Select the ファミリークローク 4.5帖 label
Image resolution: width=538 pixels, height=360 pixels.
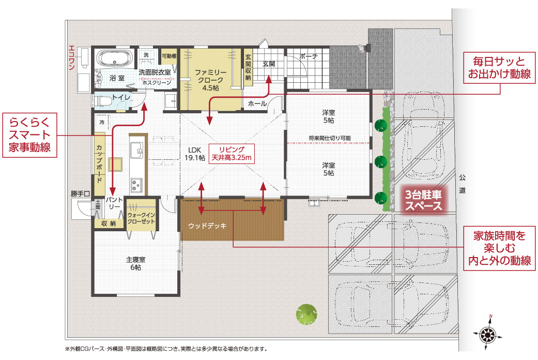[x=211, y=80]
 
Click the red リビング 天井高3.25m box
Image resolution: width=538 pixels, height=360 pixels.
[x=232, y=154]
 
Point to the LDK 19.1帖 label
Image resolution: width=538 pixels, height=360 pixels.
[x=194, y=154]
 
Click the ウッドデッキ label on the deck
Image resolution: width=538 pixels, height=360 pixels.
[x=207, y=226]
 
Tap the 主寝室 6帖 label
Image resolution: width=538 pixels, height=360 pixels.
[x=135, y=263]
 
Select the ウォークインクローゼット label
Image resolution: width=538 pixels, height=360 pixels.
[x=141, y=218]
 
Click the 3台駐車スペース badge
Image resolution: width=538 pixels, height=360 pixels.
[x=423, y=200]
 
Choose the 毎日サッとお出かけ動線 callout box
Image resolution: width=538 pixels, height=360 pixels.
[x=499, y=68]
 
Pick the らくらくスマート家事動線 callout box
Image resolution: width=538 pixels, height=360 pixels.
[x=30, y=135]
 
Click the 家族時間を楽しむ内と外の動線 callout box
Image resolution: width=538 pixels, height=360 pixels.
[x=499, y=248]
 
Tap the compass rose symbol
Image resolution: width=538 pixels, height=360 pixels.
[x=487, y=333]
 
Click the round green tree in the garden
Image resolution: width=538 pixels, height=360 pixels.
[x=306, y=314]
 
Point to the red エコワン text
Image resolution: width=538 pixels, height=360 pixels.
[x=71, y=57]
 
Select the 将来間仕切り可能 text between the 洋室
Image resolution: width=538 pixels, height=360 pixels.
[x=329, y=138]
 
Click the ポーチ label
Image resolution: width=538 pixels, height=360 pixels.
[x=309, y=56]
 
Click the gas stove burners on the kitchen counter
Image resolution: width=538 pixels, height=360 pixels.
[x=136, y=185]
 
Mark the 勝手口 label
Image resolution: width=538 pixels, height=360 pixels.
[x=80, y=194]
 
